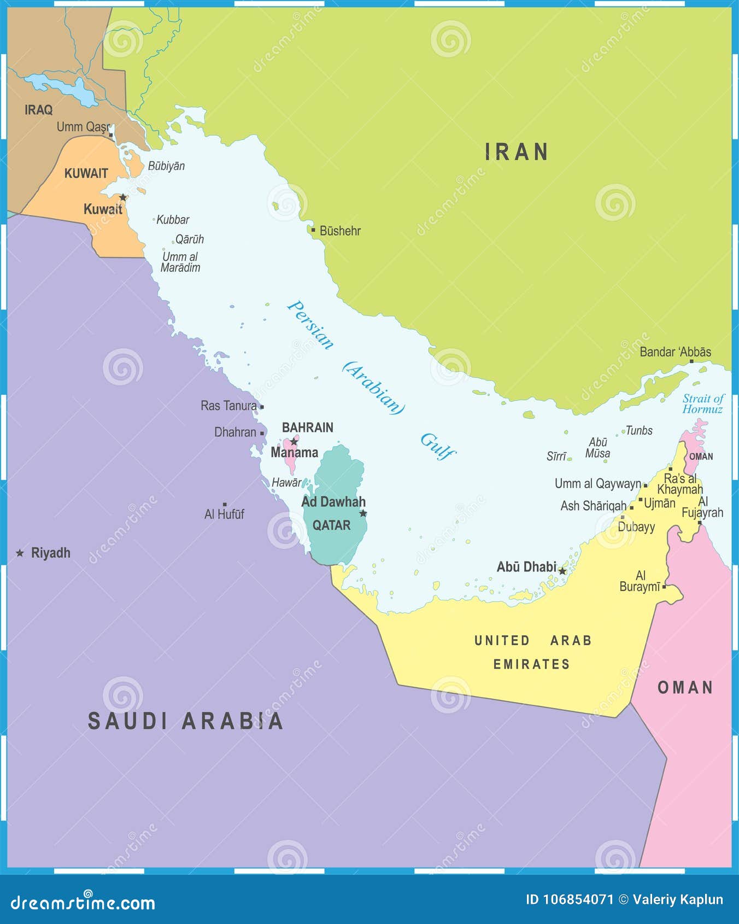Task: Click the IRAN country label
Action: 517,152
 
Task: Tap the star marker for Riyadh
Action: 20,553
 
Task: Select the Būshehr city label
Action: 339,231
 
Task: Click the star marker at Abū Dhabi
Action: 562,571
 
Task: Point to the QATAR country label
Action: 331,525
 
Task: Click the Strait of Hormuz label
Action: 703,404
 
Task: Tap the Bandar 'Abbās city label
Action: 675,352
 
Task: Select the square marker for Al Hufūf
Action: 225,504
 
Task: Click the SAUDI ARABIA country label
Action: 186,721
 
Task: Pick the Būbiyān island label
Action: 166,166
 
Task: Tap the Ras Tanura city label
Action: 228,406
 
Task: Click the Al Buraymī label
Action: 640,581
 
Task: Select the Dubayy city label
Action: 636,527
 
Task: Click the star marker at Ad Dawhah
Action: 363,513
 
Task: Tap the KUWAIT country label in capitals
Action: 86,173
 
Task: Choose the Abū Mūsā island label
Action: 597,448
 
